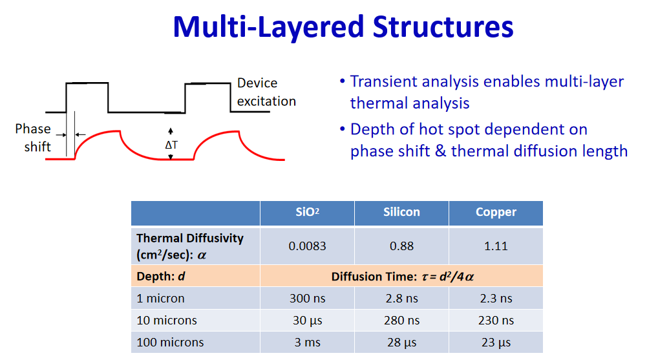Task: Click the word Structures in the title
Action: (443, 26)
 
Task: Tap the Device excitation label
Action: (266, 92)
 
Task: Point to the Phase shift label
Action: (33, 138)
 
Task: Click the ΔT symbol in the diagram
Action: (171, 145)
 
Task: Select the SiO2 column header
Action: (307, 212)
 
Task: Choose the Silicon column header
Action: (401, 212)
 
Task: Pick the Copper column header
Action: (496, 212)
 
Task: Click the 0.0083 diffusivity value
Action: (307, 246)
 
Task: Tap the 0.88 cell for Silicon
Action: (401, 246)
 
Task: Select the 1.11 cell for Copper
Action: (496, 246)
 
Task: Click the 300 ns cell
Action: (307, 298)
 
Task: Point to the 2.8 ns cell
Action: (401, 298)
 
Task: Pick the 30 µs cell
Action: (307, 321)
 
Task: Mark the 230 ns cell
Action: (496, 321)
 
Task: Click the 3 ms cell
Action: (307, 343)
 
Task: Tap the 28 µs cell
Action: (401, 343)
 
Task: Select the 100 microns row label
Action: (170, 343)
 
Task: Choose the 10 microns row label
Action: (166, 321)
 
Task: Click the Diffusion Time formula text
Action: (402, 277)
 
